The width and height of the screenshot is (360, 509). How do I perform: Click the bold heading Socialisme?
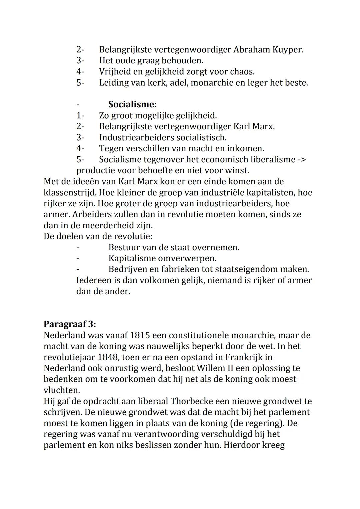click(x=131, y=105)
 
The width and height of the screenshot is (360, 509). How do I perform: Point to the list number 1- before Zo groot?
click(x=80, y=116)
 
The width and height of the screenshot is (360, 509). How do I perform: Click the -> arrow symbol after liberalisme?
click(x=301, y=160)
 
